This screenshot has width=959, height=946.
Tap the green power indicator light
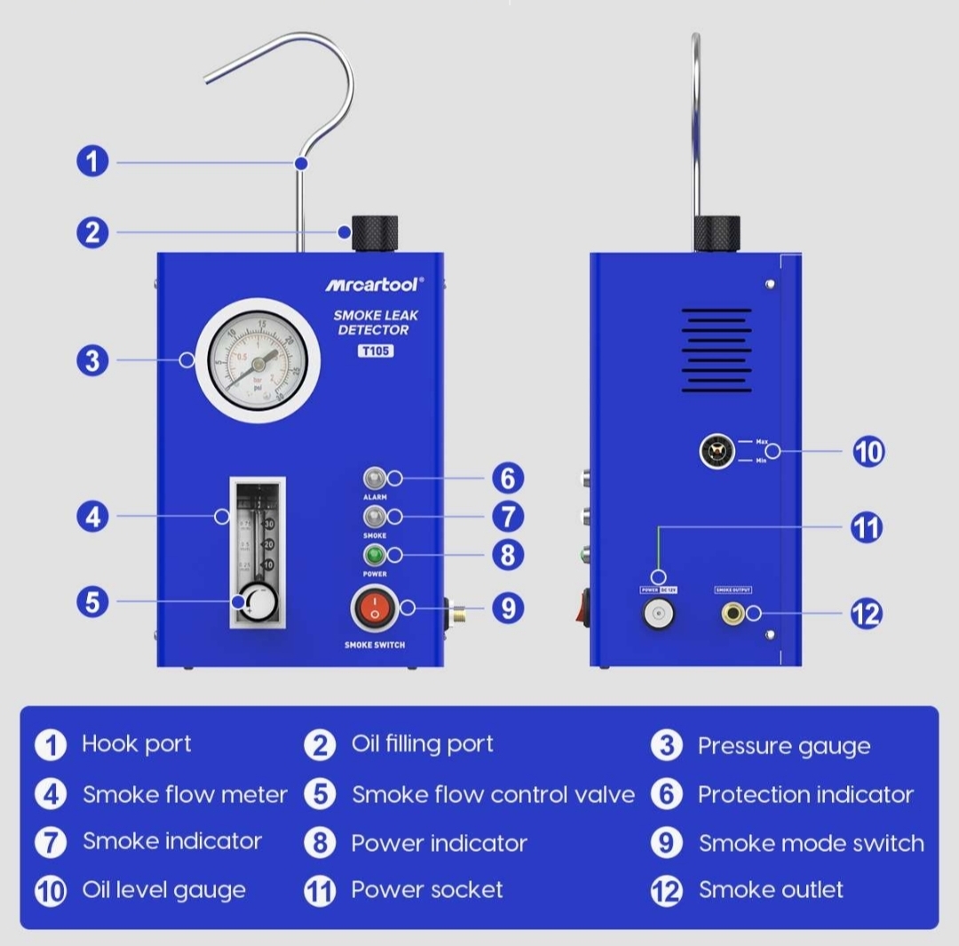(374, 556)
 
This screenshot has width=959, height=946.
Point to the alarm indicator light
(374, 478)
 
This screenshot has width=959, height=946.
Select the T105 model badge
(376, 351)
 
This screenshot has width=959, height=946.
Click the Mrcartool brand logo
(374, 284)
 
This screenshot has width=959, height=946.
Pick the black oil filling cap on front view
(374, 233)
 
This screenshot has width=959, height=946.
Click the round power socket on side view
(659, 613)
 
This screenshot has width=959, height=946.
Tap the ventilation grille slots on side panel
(717, 351)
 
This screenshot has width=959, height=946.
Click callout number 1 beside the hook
(91, 162)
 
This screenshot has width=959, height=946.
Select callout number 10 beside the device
(868, 452)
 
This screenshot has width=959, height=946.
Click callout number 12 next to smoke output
(867, 614)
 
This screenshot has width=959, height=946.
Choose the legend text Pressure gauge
(783, 746)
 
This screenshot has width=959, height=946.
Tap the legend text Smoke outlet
(771, 890)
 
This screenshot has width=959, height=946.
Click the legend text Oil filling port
(422, 744)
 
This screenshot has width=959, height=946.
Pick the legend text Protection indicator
(805, 794)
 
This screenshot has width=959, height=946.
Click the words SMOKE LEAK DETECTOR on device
(376, 322)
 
